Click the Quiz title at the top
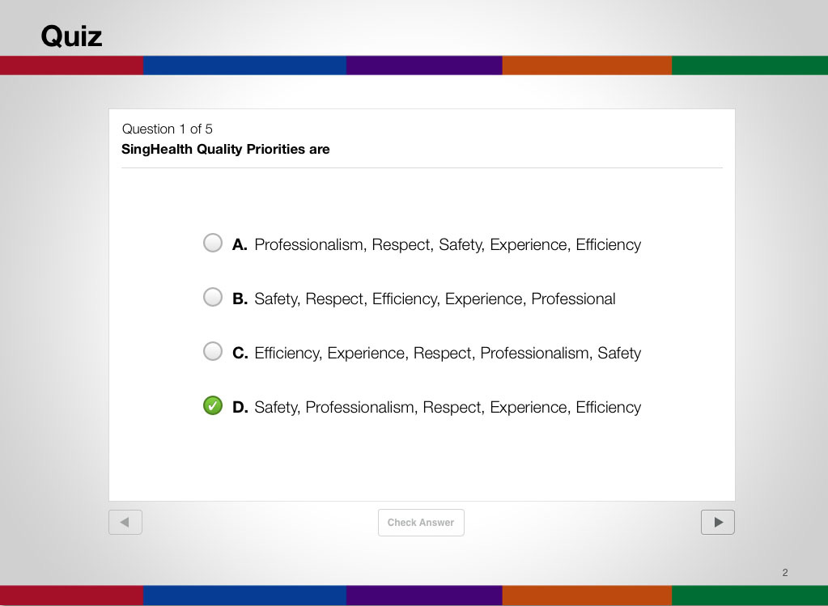point(71,37)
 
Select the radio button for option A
point(213,243)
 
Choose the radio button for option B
point(213,297)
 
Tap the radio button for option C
point(213,351)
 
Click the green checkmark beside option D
point(213,405)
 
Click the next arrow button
point(718,522)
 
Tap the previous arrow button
point(125,522)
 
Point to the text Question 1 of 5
point(167,129)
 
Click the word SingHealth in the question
point(157,150)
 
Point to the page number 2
point(785,573)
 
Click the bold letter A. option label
point(240,245)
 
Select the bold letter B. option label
point(240,299)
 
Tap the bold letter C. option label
point(240,353)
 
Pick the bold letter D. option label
point(240,408)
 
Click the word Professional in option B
point(574,299)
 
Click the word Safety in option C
point(619,353)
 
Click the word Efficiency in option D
point(609,408)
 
